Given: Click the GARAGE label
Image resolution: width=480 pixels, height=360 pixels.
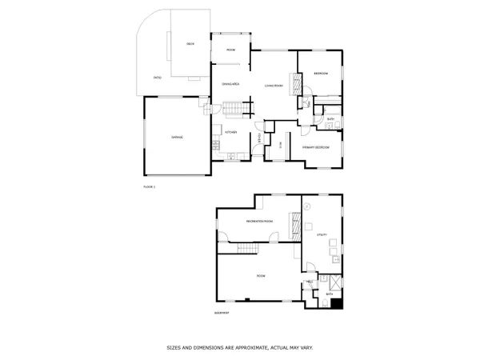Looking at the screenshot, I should [x=177, y=138].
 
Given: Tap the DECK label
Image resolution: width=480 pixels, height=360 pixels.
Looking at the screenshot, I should [x=190, y=43].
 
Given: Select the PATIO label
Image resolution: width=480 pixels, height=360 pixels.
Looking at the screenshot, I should [x=158, y=78].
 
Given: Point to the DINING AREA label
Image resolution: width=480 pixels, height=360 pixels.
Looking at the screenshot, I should [x=231, y=84].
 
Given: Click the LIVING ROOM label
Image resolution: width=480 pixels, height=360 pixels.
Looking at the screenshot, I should [x=274, y=86].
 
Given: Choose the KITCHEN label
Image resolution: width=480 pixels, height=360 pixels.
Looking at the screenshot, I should [x=230, y=131].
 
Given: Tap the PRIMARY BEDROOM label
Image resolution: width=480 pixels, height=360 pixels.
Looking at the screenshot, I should [x=318, y=147].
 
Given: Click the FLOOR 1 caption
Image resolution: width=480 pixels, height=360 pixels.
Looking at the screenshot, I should [x=149, y=186].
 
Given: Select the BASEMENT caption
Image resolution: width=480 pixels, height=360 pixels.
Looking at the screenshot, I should [x=222, y=313].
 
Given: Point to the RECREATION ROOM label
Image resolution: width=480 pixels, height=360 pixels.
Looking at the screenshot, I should [x=258, y=221].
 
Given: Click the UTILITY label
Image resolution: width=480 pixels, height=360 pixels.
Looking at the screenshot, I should [x=322, y=235].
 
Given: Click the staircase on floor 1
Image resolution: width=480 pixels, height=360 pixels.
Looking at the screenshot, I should [x=232, y=108].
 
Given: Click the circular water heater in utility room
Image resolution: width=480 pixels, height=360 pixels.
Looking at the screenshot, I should [x=309, y=206].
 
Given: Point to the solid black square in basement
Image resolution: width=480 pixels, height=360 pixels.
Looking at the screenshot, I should [x=337, y=303].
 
